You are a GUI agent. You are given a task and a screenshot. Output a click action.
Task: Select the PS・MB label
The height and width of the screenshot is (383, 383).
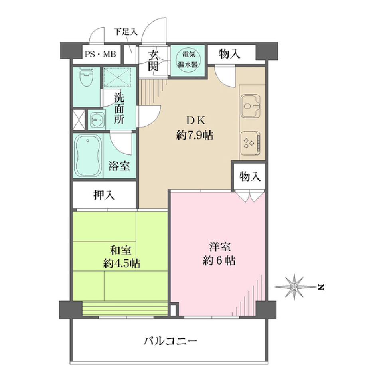[x=100, y=55]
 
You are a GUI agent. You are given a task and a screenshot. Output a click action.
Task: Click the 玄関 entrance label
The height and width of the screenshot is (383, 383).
[x=154, y=60]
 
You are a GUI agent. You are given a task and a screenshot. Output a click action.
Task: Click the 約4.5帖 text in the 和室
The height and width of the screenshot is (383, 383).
[x=121, y=263]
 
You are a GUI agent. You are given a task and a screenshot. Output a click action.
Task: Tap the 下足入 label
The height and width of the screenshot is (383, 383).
[x=125, y=32]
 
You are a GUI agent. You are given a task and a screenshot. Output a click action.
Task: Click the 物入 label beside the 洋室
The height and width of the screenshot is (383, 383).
[x=250, y=176]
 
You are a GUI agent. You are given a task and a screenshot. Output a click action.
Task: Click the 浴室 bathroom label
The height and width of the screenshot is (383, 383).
[x=119, y=166]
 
